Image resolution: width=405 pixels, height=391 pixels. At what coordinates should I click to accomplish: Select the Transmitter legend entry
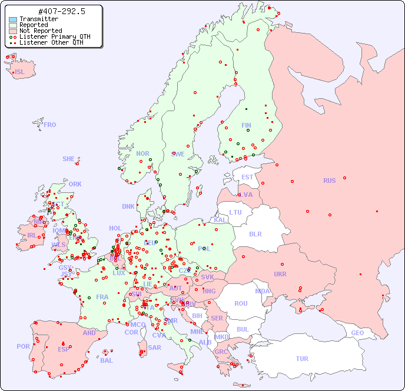point(38,19)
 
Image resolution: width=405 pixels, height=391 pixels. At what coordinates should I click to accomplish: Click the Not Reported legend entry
point(40,31)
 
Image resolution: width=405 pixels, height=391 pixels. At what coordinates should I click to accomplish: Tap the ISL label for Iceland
point(19,72)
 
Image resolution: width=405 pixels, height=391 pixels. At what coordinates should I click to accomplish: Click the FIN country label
point(246,125)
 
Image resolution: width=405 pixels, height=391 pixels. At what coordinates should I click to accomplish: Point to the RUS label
point(329,181)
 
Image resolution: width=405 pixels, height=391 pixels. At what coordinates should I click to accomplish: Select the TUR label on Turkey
point(302,359)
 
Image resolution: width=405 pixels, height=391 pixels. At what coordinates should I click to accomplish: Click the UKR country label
point(280,274)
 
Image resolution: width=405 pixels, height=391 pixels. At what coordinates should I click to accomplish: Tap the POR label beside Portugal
point(23,346)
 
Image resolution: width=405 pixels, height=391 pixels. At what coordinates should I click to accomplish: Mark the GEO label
point(357,333)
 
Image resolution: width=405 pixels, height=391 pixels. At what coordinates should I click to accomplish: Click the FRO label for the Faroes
point(49,125)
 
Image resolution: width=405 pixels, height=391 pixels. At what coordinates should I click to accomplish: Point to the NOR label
point(142,153)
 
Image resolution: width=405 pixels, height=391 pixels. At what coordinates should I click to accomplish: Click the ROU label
point(241,303)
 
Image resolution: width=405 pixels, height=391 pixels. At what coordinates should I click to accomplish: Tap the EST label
point(247,177)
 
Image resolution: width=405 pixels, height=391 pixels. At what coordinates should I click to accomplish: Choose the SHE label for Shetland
point(69,159)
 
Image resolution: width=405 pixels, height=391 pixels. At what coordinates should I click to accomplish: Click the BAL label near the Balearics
point(106,360)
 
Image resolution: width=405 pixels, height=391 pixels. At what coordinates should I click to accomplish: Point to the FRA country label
point(102,297)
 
